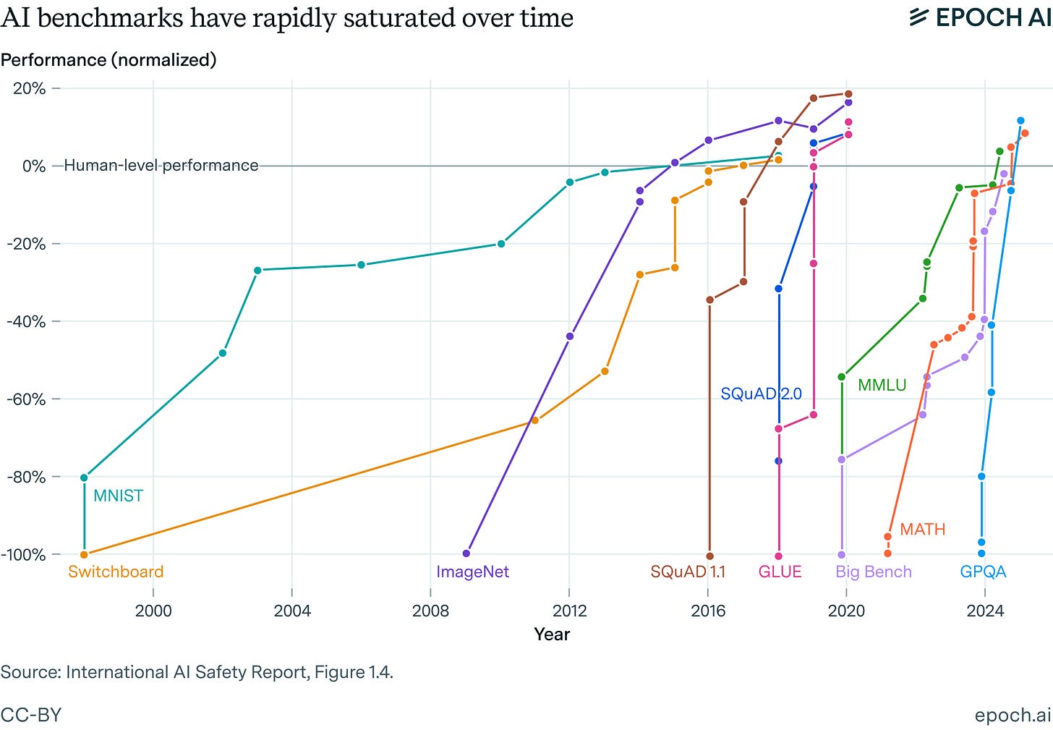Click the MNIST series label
[118, 496]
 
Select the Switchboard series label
[116, 572]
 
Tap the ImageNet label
[472, 572]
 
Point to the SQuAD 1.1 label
[687, 572]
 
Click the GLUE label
[780, 572]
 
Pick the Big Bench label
[873, 572]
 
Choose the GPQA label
[983, 572]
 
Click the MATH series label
[922, 529]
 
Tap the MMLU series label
[882, 385]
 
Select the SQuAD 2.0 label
[761, 394]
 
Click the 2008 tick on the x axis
[430, 611]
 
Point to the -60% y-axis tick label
[26, 399]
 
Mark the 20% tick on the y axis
[30, 88]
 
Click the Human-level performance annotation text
[161, 166]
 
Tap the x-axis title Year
[552, 634]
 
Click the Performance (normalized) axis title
[108, 59]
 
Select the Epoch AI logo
[979, 17]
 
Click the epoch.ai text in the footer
[1012, 715]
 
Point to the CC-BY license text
[31, 715]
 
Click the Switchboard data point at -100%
[84, 555]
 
